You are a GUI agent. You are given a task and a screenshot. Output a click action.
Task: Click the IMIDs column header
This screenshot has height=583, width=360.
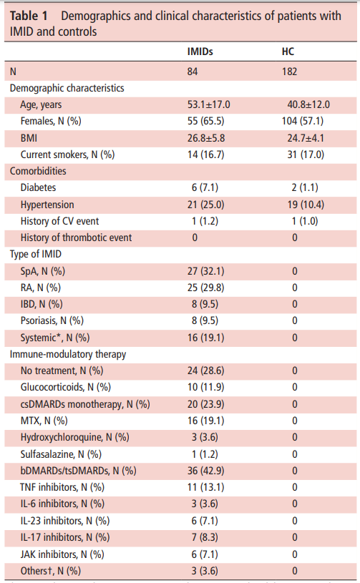pyautogui.click(x=200, y=52)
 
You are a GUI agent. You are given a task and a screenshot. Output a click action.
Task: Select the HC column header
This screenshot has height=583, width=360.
pyautogui.click(x=288, y=52)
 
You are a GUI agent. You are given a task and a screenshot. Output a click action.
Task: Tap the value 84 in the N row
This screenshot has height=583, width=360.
pyautogui.click(x=193, y=72)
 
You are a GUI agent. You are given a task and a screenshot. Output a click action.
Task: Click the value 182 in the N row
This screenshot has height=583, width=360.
pyautogui.click(x=289, y=72)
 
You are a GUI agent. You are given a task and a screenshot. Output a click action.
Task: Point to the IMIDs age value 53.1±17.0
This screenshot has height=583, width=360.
pyautogui.click(x=209, y=104)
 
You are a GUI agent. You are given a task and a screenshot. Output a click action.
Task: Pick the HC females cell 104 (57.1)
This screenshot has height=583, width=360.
pyautogui.click(x=303, y=121)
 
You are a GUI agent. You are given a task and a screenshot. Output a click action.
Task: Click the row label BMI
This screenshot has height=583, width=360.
pyautogui.click(x=29, y=138)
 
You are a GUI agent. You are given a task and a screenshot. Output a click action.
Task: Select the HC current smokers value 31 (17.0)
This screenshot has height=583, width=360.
pyautogui.click(x=306, y=155)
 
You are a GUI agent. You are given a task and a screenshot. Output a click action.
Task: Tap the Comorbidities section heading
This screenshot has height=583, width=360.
pyautogui.click(x=38, y=171)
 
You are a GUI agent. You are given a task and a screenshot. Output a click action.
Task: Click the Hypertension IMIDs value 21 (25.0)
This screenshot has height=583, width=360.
pyautogui.click(x=205, y=205)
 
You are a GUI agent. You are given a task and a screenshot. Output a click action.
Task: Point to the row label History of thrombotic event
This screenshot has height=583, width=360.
pyautogui.click(x=76, y=237)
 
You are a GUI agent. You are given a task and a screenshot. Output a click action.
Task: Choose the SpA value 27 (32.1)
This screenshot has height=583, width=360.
pyautogui.click(x=205, y=271)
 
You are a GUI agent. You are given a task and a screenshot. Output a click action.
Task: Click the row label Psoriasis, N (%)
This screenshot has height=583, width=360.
pyautogui.click(x=52, y=320)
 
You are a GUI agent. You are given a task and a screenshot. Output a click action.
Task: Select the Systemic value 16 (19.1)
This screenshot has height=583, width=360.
pyautogui.click(x=205, y=338)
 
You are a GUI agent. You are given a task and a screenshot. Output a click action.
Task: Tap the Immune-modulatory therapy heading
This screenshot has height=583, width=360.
pyautogui.click(x=68, y=354)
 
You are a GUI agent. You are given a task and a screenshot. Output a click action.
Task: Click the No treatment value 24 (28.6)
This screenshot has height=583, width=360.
pyautogui.click(x=205, y=371)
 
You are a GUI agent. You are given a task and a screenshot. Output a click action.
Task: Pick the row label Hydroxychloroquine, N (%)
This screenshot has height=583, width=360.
pyautogui.click(x=74, y=437)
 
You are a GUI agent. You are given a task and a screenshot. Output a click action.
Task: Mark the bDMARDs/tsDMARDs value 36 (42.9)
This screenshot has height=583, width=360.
pyautogui.click(x=205, y=471)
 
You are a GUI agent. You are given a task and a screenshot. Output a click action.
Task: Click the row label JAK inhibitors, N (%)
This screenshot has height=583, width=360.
pyautogui.click(x=62, y=554)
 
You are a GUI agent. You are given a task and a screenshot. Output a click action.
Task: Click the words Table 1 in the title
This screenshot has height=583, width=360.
pyautogui.click(x=29, y=16)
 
